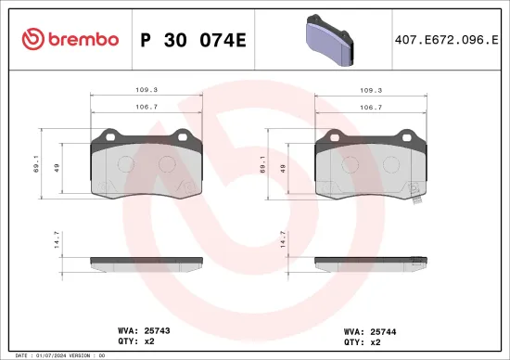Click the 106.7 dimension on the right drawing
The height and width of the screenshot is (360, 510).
coord(371,107)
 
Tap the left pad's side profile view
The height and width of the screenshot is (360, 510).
coord(147,261)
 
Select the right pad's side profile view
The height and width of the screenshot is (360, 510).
coord(371,261)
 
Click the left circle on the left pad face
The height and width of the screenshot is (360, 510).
coord(128,164)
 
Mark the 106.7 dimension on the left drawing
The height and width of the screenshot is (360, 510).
coord(147,107)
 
